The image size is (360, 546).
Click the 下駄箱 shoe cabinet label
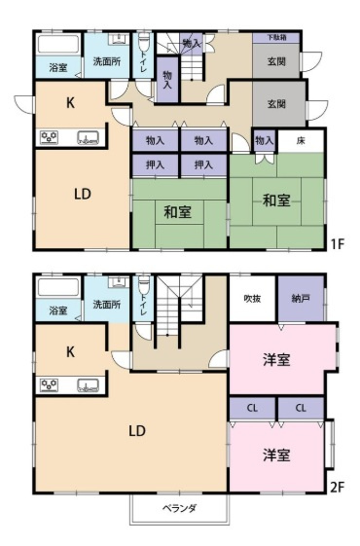[276, 37]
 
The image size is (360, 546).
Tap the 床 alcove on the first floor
[302, 140]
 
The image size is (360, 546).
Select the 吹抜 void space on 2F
[252, 299]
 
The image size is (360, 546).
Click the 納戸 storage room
[301, 299]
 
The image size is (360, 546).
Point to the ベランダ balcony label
[180, 508]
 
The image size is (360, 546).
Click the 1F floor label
[338, 244]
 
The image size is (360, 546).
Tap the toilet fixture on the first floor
[143, 43]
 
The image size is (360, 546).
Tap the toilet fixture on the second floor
[143, 286]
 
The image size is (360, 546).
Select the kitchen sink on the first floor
[89, 138]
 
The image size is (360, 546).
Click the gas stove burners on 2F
[50, 384]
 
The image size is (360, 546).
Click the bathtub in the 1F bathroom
[57, 44]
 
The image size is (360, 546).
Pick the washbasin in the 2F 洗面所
[119, 282]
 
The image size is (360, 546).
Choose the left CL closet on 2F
[252, 408]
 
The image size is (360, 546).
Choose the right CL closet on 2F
[301, 408]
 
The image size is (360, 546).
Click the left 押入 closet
[156, 164]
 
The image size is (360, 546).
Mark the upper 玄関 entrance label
[276, 61]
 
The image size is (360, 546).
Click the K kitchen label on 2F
[70, 352]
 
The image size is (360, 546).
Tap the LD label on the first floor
[83, 194]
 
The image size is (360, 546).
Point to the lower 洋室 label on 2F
[276, 455]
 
